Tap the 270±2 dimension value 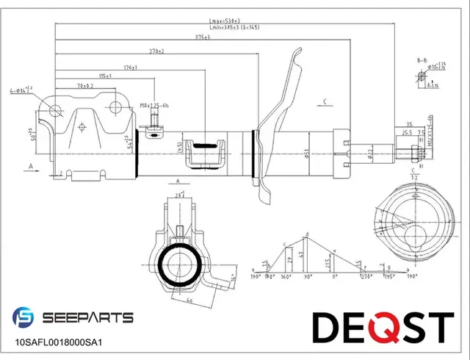pyautogui.click(x=155, y=51)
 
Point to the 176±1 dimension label pyautogui.click(x=131, y=67)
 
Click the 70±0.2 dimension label pyautogui.click(x=84, y=86)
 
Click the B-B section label pyautogui.click(x=422, y=60)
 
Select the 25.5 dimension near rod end pyautogui.click(x=406, y=133)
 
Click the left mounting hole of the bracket pyautogui.click(x=55, y=111)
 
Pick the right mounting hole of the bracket pyautogui.click(x=115, y=109)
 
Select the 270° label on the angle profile pyautogui.click(x=366, y=277)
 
